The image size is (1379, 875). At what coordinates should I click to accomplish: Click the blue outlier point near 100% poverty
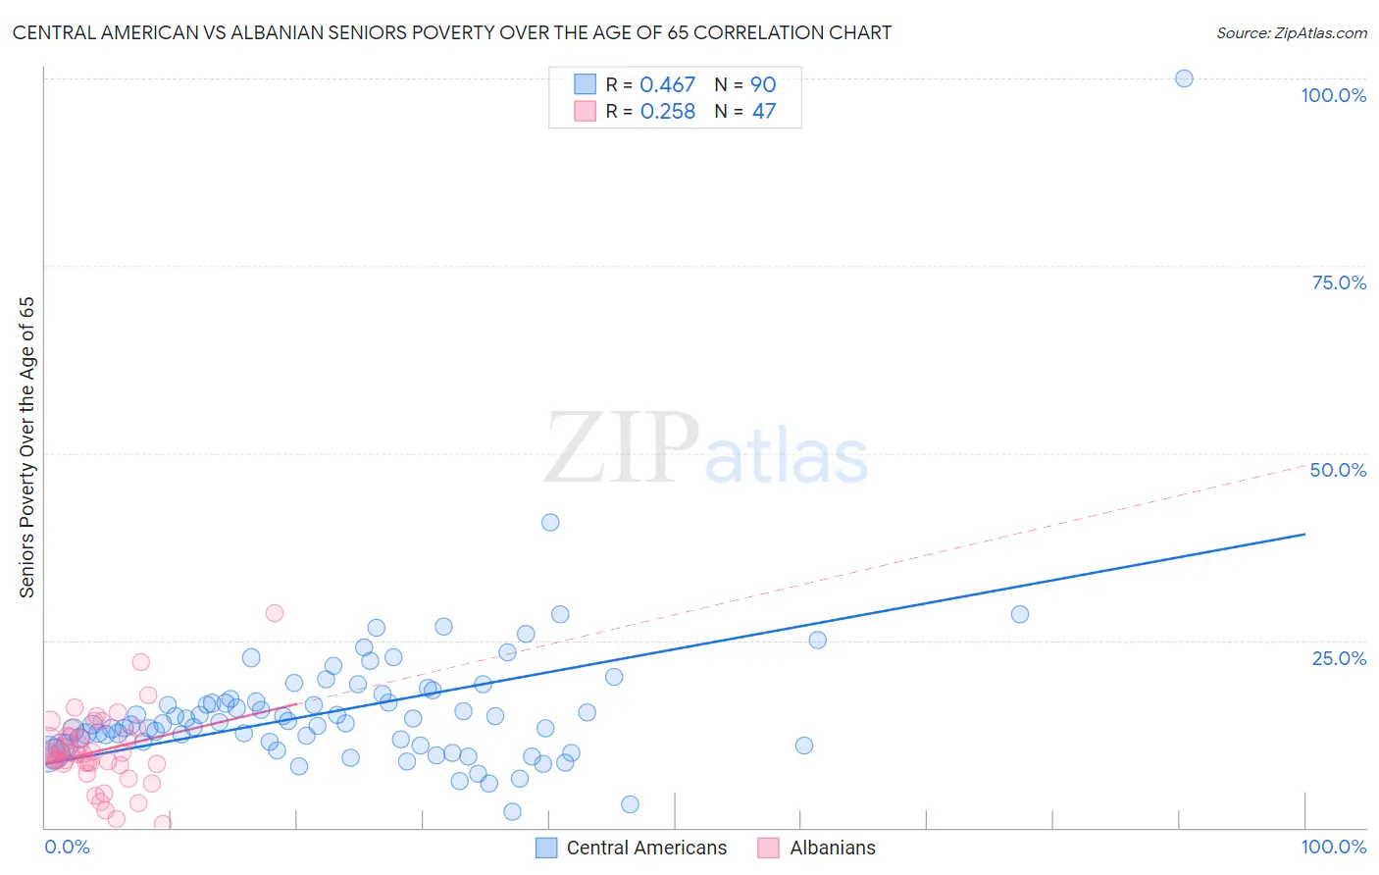pyautogui.click(x=1184, y=78)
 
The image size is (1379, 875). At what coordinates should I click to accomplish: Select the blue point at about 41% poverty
pyautogui.click(x=550, y=522)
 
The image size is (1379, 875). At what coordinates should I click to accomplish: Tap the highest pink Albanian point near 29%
pyautogui.click(x=275, y=613)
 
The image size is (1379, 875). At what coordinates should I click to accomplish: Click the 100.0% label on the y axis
pyautogui.click(x=1333, y=95)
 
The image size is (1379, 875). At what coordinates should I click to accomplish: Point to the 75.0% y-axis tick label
pyautogui.click(x=1339, y=283)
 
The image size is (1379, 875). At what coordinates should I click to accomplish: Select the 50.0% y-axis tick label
pyautogui.click(x=1338, y=470)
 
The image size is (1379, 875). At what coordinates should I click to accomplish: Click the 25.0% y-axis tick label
pyautogui.click(x=1339, y=658)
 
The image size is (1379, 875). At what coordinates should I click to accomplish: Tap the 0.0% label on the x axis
pyautogui.click(x=67, y=847)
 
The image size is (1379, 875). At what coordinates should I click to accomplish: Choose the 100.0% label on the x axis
pyautogui.click(x=1333, y=847)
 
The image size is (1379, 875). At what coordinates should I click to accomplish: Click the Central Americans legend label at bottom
pyautogui.click(x=646, y=848)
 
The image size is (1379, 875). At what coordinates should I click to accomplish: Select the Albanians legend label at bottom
pyautogui.click(x=833, y=848)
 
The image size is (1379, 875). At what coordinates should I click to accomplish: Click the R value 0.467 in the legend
pyautogui.click(x=667, y=85)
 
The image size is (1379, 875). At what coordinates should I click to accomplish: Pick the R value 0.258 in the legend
pyautogui.click(x=667, y=112)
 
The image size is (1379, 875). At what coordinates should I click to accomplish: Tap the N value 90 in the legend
pyautogui.click(x=763, y=85)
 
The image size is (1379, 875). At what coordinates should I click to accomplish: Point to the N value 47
pyautogui.click(x=763, y=112)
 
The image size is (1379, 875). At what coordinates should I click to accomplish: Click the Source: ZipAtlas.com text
pyautogui.click(x=1291, y=33)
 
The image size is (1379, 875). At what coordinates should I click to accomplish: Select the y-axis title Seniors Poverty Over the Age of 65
pyautogui.click(x=27, y=447)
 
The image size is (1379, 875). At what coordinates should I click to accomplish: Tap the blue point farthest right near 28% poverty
pyautogui.click(x=1020, y=614)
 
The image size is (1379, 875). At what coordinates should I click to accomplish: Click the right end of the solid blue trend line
pyautogui.click(x=1304, y=534)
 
